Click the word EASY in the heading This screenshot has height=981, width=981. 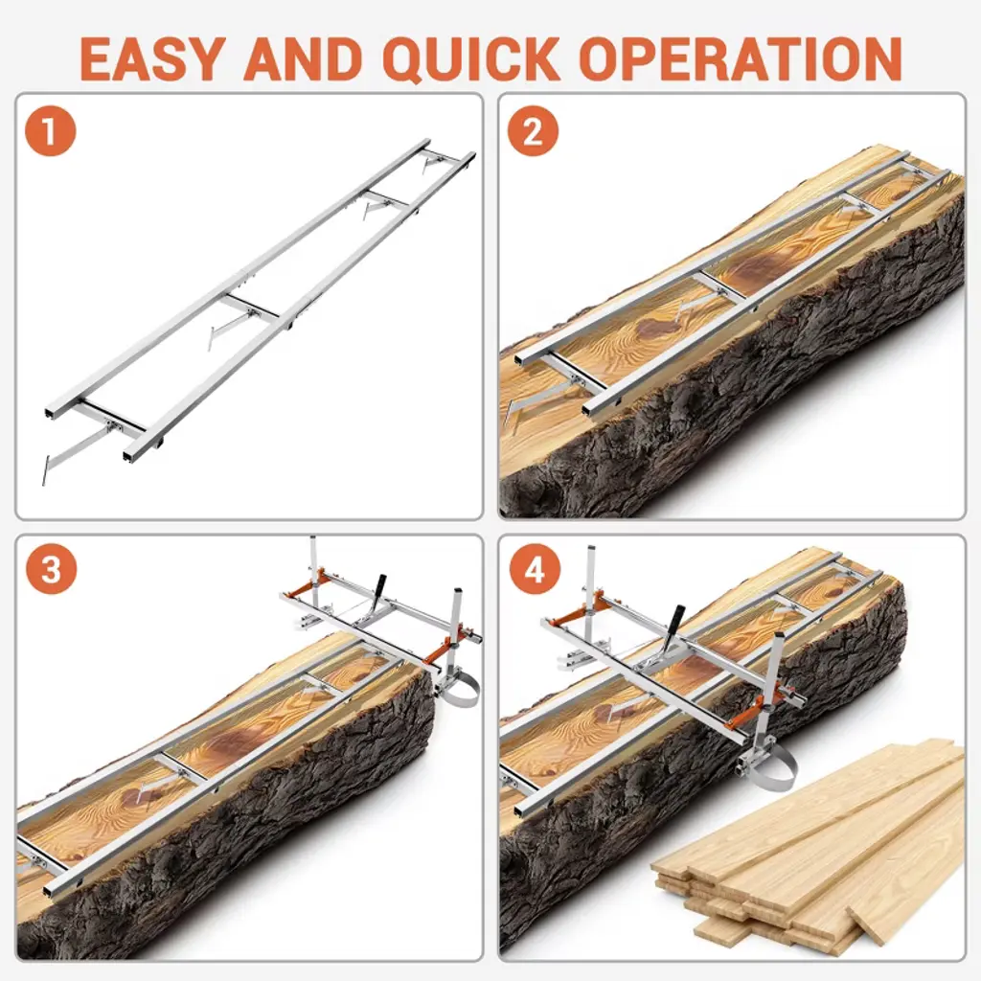[151, 58]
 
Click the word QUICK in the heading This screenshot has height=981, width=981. [470, 58]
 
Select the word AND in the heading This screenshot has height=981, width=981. [304, 58]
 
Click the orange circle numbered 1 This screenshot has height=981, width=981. [50, 132]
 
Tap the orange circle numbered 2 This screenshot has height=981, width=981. [533, 132]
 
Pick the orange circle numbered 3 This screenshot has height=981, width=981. [51, 570]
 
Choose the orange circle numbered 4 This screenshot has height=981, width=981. [534, 570]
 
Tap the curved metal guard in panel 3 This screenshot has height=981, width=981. [462, 690]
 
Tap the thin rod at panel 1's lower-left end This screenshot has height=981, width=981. [44, 469]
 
